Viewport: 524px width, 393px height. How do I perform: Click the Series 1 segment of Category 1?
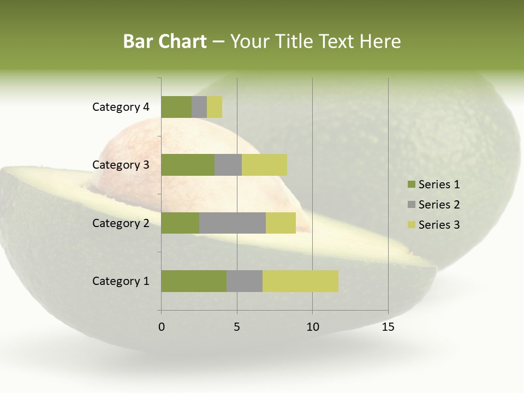coord(194,281)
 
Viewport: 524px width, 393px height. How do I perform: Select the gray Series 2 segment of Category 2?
coord(233,223)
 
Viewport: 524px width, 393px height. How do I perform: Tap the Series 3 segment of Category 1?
coord(300,281)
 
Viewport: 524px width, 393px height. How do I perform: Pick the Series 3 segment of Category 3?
coord(264,165)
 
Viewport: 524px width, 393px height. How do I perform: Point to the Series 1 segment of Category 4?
coord(176,107)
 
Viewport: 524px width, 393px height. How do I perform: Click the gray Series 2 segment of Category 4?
coord(199,107)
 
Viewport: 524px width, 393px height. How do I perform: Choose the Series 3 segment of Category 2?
coord(281,223)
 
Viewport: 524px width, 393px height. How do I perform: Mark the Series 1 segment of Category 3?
coord(188,165)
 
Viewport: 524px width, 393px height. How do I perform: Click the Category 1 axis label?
coord(121,281)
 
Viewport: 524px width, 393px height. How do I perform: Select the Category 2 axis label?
coord(121,223)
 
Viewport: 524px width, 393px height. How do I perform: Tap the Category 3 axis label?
coord(121,165)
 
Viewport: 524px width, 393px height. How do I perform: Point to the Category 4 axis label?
coord(121,107)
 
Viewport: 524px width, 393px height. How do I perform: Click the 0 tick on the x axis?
coord(162,327)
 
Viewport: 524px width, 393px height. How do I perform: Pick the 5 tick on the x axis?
coord(237,327)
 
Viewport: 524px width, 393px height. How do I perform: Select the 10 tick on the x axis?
coord(312,327)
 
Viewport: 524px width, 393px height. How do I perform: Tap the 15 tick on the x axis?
coord(388,327)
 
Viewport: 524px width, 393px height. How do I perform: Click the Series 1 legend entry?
coord(433,184)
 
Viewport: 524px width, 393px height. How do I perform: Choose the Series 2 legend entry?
coord(433,205)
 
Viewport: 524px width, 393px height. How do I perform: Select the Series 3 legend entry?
coord(433,225)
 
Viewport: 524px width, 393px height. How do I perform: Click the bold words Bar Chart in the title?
coord(165,41)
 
